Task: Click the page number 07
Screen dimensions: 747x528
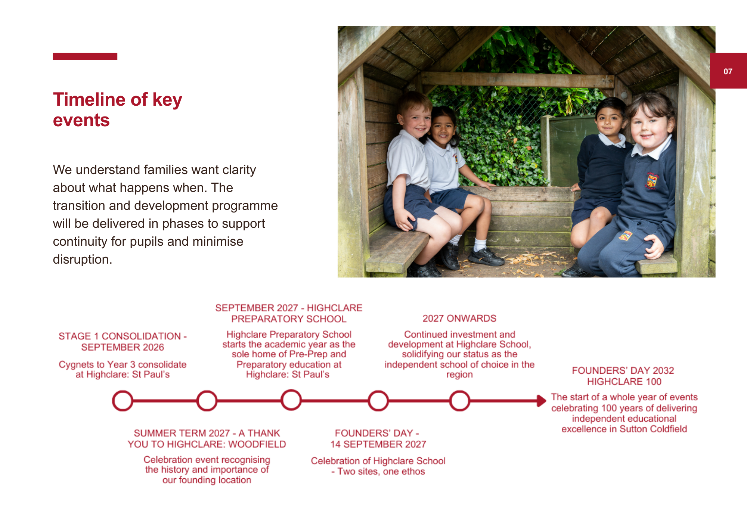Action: pyautogui.click(x=728, y=71)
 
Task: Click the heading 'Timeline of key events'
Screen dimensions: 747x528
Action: pyautogui.click(x=117, y=110)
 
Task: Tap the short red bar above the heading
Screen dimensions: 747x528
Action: pyautogui.click(x=85, y=56)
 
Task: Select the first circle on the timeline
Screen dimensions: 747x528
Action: pyautogui.click(x=123, y=401)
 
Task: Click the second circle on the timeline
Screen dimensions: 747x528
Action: pyautogui.click(x=207, y=401)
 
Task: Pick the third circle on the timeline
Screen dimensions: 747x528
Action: pyautogui.click(x=291, y=400)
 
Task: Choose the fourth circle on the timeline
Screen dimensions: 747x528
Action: pyautogui.click(x=378, y=401)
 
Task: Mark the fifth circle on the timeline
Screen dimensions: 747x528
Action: pyautogui.click(x=459, y=401)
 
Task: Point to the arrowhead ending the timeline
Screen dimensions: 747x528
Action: pyautogui.click(x=542, y=401)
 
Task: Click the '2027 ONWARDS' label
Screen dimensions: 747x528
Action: pyautogui.click(x=459, y=319)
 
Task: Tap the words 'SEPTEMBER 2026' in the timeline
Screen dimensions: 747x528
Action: pyautogui.click(x=123, y=347)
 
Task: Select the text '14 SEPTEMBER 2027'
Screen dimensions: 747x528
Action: pyautogui.click(x=378, y=444)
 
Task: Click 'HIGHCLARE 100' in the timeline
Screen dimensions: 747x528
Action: pyautogui.click(x=624, y=382)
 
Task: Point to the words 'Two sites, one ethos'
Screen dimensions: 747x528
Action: pyautogui.click(x=381, y=472)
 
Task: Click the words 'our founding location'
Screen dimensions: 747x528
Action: pyautogui.click(x=207, y=480)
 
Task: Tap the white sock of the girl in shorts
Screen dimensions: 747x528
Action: pyautogui.click(x=480, y=244)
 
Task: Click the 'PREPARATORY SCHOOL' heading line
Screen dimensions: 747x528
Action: pyautogui.click(x=289, y=319)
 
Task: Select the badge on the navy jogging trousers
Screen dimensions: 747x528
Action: pyautogui.click(x=626, y=235)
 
